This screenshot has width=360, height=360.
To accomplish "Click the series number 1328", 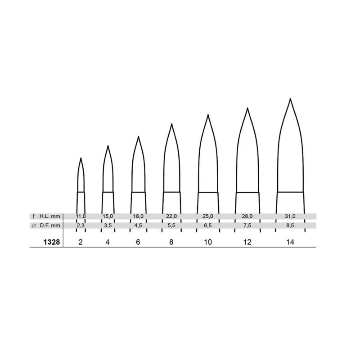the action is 52,242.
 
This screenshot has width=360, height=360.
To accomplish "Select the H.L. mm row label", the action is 50,216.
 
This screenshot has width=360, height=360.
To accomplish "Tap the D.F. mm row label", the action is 50,225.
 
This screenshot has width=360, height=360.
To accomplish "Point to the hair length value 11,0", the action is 81,216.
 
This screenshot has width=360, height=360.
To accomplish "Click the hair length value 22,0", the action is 171,216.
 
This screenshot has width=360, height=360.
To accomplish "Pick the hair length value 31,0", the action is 290,216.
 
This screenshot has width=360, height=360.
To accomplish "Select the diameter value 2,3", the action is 81,225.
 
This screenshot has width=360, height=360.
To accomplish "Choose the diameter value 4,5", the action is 138,225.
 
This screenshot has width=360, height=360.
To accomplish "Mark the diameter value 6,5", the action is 208,225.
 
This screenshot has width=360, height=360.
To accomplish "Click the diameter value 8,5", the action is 290,225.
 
